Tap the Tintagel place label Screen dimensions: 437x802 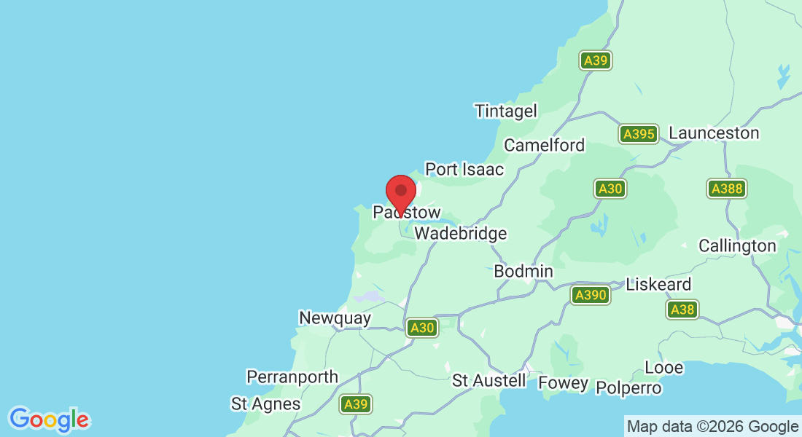[506, 111]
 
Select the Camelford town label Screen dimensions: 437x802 [545, 145]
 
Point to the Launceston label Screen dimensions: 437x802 [714, 133]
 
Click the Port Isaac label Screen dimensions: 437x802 [464, 170]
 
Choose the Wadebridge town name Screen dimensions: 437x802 [460, 234]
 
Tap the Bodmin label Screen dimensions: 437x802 [523, 272]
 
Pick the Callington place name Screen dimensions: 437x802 [737, 246]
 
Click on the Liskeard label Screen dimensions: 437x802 [658, 284]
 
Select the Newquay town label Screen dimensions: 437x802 [335, 318]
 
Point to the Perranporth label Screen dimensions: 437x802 [292, 377]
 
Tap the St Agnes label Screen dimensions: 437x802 [265, 403]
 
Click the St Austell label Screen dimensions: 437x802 [488, 381]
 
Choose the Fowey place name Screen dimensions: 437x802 [563, 384]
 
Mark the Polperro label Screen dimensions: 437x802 [628, 388]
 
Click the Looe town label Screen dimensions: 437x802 [663, 368]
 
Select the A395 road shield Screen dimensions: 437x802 [639, 134]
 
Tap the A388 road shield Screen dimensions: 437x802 [726, 189]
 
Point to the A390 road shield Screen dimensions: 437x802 [590, 295]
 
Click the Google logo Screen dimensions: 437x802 [49, 420]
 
